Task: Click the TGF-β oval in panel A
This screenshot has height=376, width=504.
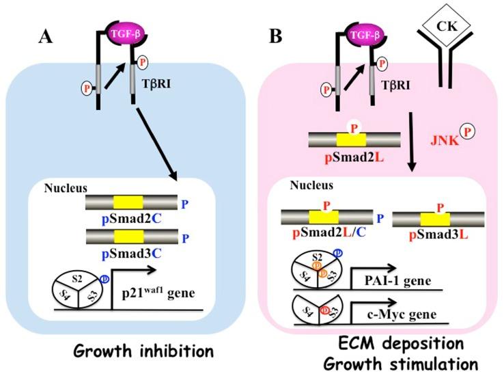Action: (x=126, y=33)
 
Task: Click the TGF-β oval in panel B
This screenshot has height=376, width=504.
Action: (x=365, y=34)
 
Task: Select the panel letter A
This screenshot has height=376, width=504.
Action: (x=45, y=37)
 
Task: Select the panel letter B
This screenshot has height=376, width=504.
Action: (x=275, y=36)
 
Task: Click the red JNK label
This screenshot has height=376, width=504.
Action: (x=445, y=140)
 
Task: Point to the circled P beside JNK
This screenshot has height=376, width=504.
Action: (x=467, y=131)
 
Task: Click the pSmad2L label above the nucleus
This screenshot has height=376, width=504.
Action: (x=354, y=158)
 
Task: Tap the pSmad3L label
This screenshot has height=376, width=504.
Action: (x=438, y=235)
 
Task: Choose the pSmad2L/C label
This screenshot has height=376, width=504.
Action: (x=329, y=232)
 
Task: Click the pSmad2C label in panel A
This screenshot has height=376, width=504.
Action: (x=132, y=219)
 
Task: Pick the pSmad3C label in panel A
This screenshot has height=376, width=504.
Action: (x=132, y=254)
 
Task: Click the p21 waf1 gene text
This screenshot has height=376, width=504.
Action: (x=158, y=293)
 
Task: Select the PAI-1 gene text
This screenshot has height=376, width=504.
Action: (x=397, y=281)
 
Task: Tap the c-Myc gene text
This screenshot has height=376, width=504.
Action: (x=402, y=314)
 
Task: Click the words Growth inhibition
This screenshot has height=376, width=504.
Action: (x=143, y=351)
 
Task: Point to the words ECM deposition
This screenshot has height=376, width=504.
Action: (x=401, y=343)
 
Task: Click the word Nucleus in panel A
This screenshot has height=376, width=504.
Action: (x=66, y=188)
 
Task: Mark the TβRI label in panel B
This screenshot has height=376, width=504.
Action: (x=395, y=85)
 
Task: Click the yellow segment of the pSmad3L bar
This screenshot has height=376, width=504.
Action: (x=435, y=219)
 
